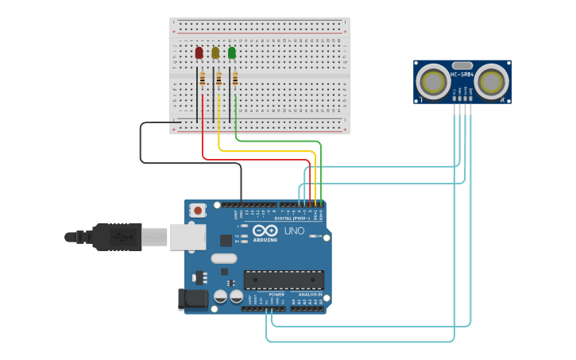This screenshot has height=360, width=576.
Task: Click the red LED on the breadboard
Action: pos(199,53)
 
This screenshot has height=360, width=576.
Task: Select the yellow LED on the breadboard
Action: pos(215,53)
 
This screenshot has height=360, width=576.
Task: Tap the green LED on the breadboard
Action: pos(232,53)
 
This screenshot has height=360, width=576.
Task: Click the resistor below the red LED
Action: pos(202,79)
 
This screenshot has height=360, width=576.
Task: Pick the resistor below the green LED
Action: pos(235,79)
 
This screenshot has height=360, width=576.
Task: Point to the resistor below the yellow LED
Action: pos(218,79)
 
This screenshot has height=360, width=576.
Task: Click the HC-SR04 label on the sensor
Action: pos(462,75)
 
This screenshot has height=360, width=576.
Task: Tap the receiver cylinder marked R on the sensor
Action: pos(493,81)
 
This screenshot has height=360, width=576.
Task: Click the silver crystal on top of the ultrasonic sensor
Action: pos(462,65)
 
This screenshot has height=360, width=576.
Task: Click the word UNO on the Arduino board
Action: pos(294,231)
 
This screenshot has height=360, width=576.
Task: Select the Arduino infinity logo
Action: pos(265,231)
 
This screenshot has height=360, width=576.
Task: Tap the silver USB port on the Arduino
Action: pos(187,237)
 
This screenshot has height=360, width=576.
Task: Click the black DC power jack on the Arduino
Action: pos(193,300)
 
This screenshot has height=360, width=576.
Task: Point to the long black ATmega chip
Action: pos(284,281)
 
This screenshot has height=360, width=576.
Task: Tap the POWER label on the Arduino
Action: pos(276,294)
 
